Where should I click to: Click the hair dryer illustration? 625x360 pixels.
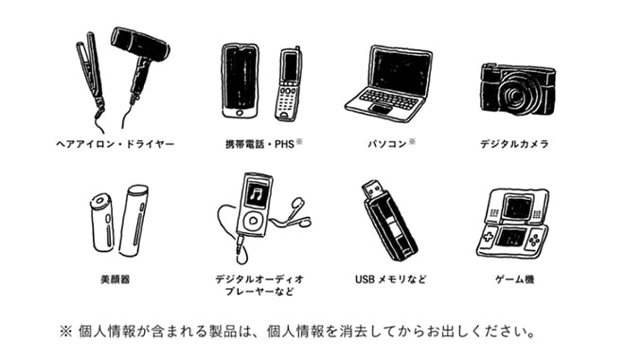(x=139, y=63)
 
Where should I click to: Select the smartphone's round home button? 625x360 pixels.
(x=240, y=113)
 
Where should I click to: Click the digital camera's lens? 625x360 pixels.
(x=515, y=96)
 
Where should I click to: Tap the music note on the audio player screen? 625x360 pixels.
(x=255, y=194)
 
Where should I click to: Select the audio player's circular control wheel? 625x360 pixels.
(x=252, y=220)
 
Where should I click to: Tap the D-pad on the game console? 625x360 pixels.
(x=489, y=237)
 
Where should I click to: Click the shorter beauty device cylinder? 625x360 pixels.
(x=100, y=223)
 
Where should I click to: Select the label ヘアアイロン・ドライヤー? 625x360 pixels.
(x=116, y=144)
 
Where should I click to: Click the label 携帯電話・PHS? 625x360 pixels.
(x=259, y=144)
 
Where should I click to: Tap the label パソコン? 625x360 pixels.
(x=387, y=144)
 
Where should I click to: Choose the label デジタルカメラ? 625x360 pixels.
(x=514, y=144)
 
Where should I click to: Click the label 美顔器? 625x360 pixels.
(x=116, y=279)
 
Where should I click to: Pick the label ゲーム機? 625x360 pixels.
(x=514, y=279)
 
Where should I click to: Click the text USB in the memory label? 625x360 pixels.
(x=365, y=279)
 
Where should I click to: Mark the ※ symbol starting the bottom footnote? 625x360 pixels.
(x=65, y=332)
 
